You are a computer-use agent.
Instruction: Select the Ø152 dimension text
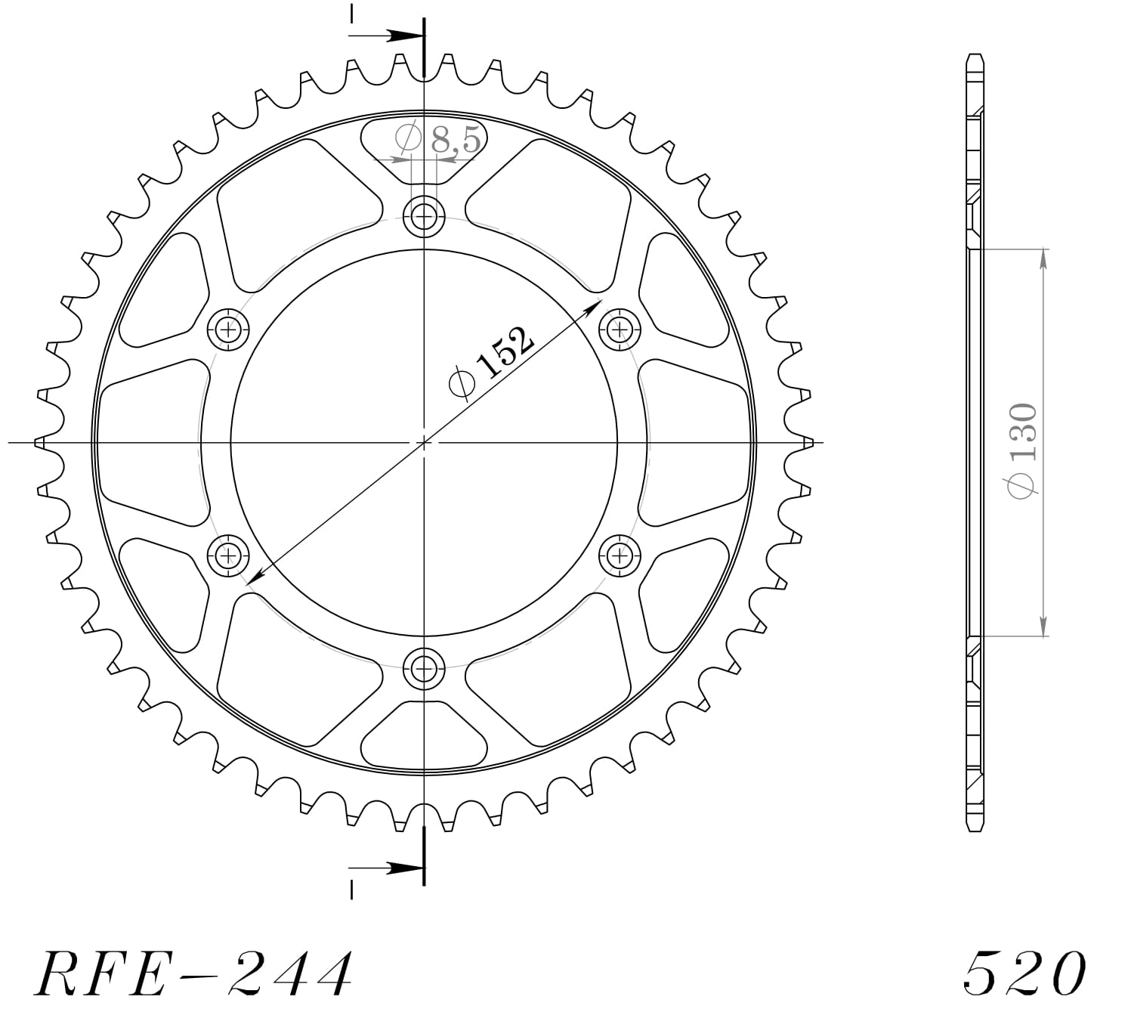click(x=493, y=362)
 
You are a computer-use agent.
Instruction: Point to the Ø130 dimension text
click(x=1024, y=450)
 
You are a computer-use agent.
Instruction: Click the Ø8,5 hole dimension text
click(x=438, y=141)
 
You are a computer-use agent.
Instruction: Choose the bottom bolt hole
click(x=424, y=667)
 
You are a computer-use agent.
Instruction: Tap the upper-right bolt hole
click(x=620, y=329)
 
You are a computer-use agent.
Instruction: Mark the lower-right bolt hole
click(x=620, y=556)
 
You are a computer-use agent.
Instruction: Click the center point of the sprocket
click(x=424, y=442)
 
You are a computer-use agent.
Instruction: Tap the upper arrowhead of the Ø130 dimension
click(x=1043, y=258)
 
